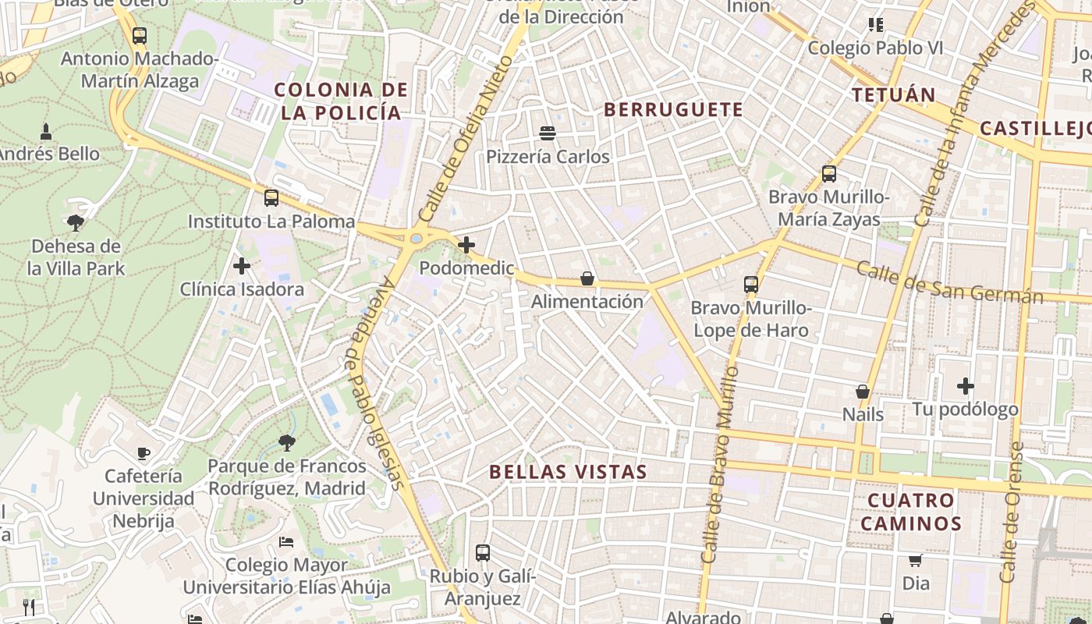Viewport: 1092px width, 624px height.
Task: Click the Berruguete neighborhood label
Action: tap(673, 109)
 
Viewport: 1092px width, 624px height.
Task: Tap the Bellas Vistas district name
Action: tap(568, 472)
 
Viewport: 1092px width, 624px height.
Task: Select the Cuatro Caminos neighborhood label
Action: tap(911, 512)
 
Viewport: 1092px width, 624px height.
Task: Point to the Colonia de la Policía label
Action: tap(342, 101)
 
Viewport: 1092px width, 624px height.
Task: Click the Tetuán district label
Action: tap(893, 95)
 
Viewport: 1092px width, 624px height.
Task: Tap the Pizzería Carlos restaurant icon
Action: tap(548, 133)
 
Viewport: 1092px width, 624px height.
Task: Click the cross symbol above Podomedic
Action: tap(466, 245)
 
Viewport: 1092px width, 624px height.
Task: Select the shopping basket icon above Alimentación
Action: tap(587, 278)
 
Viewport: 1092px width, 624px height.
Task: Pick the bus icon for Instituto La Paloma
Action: tap(271, 198)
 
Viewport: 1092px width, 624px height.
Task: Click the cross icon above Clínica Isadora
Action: tap(242, 266)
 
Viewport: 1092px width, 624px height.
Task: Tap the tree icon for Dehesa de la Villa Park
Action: tap(76, 223)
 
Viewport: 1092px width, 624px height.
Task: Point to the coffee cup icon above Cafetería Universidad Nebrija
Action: tap(144, 452)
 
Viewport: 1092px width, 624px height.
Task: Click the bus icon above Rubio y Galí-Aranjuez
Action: tap(483, 553)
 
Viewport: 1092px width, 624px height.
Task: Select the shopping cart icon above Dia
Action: tap(916, 560)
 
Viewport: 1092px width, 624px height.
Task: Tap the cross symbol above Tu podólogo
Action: tap(966, 385)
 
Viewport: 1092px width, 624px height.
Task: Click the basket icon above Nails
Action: tap(863, 391)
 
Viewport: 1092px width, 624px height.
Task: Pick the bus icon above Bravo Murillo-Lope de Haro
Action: tap(751, 285)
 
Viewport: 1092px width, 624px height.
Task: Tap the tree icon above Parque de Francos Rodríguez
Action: tap(287, 443)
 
